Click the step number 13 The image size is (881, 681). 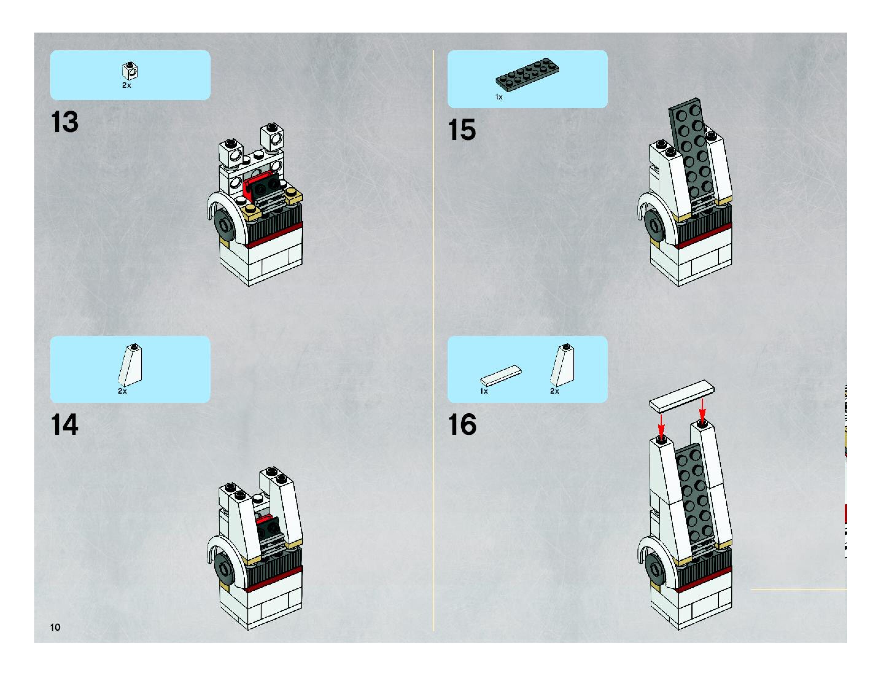[x=64, y=122]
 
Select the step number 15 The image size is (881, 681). [x=462, y=130]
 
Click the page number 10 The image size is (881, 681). [x=55, y=627]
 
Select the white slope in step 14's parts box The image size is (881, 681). [x=130, y=365]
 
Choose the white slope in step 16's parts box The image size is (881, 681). [x=562, y=365]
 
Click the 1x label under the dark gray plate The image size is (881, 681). [x=499, y=97]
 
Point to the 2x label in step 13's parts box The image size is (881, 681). [x=127, y=85]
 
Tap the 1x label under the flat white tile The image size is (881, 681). [x=484, y=391]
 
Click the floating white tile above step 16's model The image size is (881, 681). [x=682, y=396]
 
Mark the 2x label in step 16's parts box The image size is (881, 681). [x=555, y=391]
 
